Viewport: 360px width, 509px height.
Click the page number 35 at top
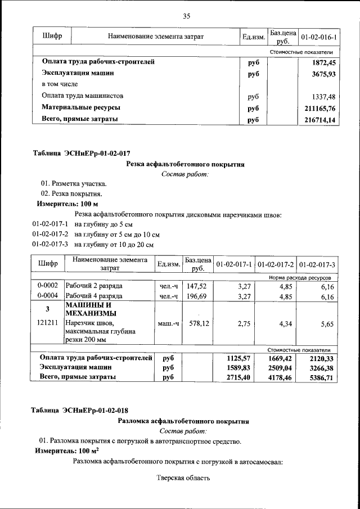coord(187,16)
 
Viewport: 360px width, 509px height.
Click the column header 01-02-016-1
coord(318,37)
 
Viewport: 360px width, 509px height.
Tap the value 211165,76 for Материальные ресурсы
coord(319,107)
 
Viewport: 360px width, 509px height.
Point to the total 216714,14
coord(319,119)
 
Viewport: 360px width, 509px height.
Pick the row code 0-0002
coord(48,286)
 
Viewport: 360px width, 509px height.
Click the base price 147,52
coord(197,286)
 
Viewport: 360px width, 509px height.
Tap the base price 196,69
coord(197,297)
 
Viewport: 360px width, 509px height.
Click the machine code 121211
coord(48,324)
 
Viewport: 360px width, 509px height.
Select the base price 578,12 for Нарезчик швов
coord(197,324)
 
